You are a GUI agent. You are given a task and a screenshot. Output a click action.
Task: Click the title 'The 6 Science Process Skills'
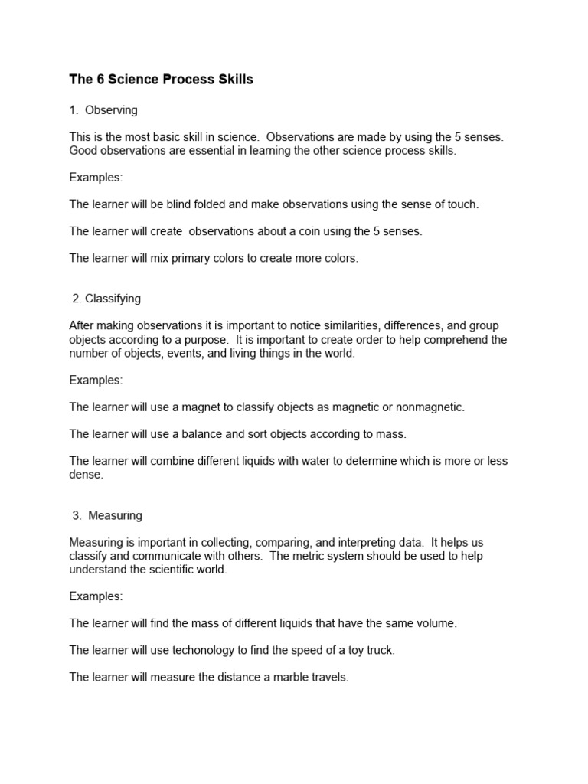coord(161,80)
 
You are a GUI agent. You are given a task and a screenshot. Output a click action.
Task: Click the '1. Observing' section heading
coord(103,110)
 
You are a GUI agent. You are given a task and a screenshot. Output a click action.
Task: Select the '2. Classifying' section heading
coord(106,298)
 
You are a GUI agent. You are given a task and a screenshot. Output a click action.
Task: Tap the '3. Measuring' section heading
coord(106,515)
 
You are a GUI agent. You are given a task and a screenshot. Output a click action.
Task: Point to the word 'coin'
coord(299,231)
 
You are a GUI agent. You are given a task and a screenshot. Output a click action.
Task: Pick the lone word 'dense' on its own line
coord(85,475)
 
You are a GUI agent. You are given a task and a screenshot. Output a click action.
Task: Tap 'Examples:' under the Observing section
coord(96,178)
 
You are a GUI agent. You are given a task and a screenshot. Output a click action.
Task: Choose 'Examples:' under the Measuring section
coord(96,596)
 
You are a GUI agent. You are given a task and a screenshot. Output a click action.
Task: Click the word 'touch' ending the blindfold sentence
coord(461,204)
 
